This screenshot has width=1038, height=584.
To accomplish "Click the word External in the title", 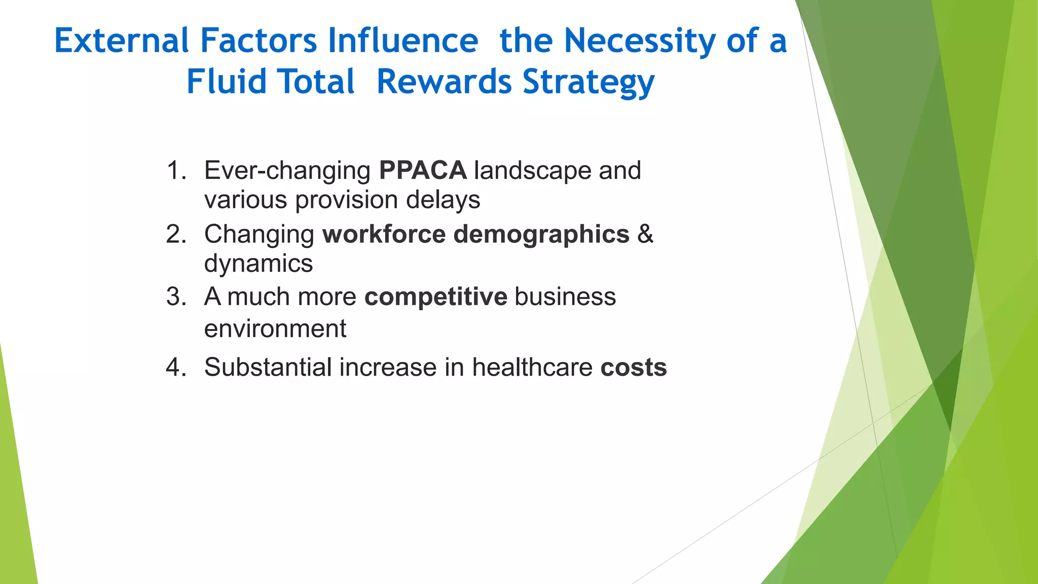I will [122, 41].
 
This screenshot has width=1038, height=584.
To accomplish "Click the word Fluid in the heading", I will [226, 82].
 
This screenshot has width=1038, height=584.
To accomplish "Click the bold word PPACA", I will [423, 170].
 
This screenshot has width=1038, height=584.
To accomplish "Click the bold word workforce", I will [384, 234].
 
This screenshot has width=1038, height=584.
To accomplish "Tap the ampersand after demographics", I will [645, 234].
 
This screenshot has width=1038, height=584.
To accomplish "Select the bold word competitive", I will [435, 297].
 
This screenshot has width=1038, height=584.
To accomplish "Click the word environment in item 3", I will [275, 329].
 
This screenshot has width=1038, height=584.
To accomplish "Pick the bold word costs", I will [634, 368].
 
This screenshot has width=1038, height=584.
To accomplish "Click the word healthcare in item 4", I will [532, 367].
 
